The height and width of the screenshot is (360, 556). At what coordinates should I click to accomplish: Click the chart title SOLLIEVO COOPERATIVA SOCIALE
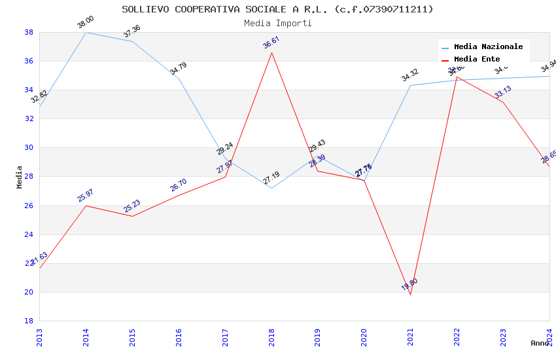coord(277,9)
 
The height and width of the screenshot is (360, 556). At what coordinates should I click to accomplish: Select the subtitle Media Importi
coord(277,24)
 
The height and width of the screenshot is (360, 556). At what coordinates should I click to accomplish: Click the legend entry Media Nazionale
coord(488,47)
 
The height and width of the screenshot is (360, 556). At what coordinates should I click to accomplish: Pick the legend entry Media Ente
coord(477,60)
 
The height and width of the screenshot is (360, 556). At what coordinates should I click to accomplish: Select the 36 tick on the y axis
coord(29,62)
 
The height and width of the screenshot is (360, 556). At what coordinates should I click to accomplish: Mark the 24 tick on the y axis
coord(29,234)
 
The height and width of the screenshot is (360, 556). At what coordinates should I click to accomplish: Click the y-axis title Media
coord(20,177)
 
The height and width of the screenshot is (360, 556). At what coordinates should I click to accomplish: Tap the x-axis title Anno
coord(540,343)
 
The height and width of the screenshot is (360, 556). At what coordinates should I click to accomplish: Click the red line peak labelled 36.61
coord(271,52)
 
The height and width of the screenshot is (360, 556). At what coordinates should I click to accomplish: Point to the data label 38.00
coord(86,23)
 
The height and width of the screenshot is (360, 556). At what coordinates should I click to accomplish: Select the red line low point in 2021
coord(410,295)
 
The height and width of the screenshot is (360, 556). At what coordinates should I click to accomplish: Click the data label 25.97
coord(86,196)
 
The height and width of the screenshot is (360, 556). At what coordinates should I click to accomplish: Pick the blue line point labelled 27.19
coord(271,188)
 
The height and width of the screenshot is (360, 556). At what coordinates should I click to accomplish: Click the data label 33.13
coord(503,92)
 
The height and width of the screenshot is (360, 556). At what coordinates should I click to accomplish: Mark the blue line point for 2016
coord(179,79)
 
